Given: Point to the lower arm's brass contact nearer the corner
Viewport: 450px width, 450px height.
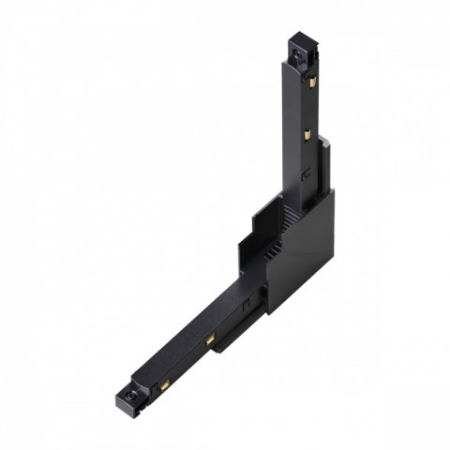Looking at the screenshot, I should (x=212, y=336).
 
